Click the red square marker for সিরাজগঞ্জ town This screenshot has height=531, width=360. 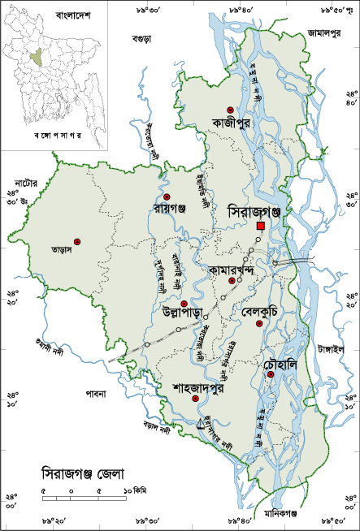tap(260, 226)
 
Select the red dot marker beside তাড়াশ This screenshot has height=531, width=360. tap(78, 241)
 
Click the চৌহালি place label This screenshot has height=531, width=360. tap(271, 364)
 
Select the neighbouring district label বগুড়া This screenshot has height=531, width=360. tap(144, 38)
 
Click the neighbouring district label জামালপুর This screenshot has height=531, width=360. tap(323, 33)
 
